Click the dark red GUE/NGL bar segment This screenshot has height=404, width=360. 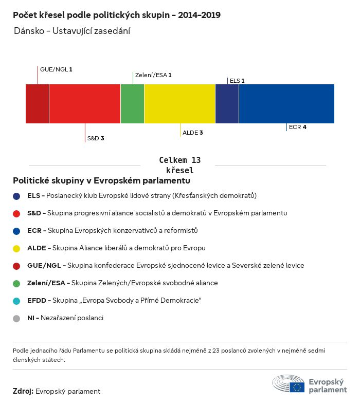point(38,104)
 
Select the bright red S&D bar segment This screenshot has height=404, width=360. point(85,104)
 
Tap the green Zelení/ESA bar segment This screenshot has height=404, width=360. point(132,104)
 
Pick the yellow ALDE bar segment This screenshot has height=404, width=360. point(179,104)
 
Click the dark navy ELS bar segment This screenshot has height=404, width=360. point(227,104)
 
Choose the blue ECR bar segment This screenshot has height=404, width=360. point(286,104)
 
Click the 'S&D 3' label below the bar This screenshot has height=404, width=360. point(96,138)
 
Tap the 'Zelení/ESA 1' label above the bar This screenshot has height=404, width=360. point(153,75)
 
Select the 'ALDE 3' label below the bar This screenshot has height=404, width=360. point(192,133)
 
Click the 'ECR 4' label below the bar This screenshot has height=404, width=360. point(298,127)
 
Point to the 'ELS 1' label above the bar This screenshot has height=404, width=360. point(237,81)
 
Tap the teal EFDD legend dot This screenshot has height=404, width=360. point(17,301)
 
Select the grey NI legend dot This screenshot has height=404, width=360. point(17,318)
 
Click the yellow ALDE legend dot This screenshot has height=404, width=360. point(17,248)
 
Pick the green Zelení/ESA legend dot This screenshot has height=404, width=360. point(17,283)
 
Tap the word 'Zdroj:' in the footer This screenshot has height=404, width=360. point(23,391)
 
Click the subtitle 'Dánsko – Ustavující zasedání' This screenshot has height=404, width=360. point(72,31)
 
